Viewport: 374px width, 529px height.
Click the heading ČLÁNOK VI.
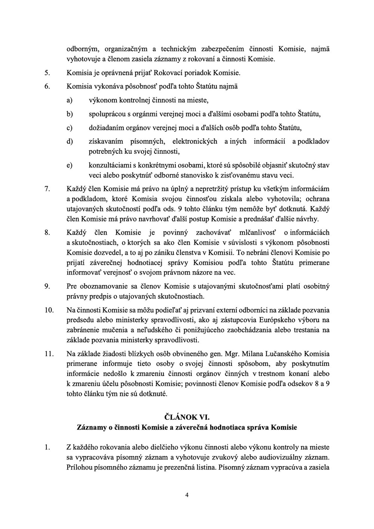pos(187,416)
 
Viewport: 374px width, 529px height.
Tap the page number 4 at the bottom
pos(187,495)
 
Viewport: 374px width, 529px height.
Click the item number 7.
pos(47,189)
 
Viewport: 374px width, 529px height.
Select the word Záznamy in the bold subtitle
pos(90,427)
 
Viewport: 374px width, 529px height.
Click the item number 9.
pos(47,287)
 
